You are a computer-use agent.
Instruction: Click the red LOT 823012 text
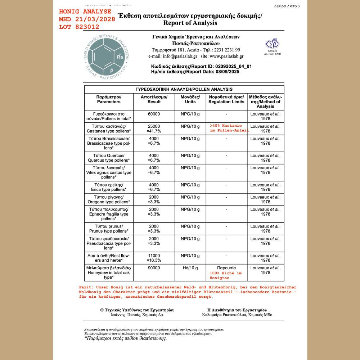pyautogui.click(x=82, y=27)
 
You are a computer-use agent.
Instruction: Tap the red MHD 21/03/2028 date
pyautogui.click(x=87, y=19)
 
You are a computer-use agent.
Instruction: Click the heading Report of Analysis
pyautogui.click(x=190, y=23)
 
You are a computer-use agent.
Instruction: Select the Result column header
pyautogui.click(x=154, y=99)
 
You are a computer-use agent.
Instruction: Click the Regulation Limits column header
pyautogui.click(x=226, y=99)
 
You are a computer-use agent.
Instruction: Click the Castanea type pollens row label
pyautogui.click(x=108, y=129)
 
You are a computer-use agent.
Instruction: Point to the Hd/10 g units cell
pyautogui.click(x=190, y=268)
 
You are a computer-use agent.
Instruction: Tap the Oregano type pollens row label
pyautogui.click(x=108, y=199)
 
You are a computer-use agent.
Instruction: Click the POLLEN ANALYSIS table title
pyautogui.click(x=184, y=89)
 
